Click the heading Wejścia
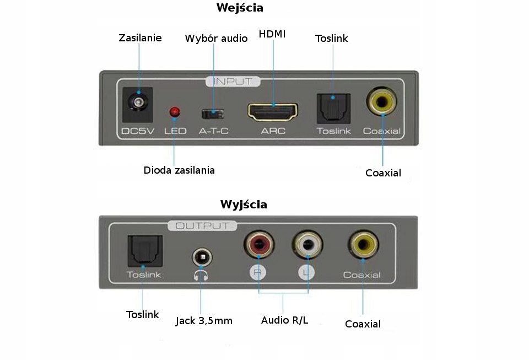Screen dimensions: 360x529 pos(240,8)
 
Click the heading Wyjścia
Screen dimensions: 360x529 pos(244,205)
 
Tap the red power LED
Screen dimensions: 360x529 pos(175,112)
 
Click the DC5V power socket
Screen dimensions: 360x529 pos(137,103)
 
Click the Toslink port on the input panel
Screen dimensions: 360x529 pos(333,107)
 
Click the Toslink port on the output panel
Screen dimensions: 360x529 pos(144,250)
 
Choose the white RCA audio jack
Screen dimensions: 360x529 pos(308,243)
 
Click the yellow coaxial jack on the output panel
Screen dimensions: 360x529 pos(362,243)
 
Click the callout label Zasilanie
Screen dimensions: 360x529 pos(140,38)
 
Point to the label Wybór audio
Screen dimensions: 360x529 pos(216,39)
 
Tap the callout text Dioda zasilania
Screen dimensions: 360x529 pos(179,170)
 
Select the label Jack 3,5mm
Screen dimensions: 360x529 pos(204,321)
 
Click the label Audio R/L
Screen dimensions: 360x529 pos(284,320)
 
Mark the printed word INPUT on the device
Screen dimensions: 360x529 pos(233,82)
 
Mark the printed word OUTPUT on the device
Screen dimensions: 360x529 pos(202,225)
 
